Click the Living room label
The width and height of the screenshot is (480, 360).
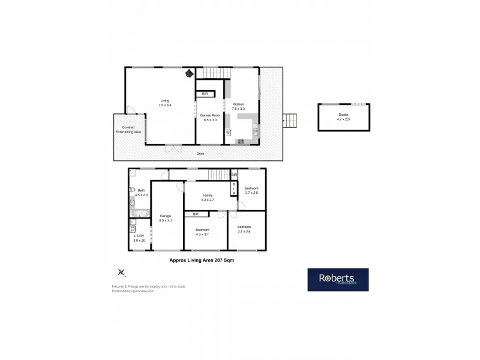coord(164,100)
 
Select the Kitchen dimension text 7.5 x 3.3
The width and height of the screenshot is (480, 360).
coord(239,109)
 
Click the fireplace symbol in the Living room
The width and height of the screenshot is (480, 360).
coord(189,74)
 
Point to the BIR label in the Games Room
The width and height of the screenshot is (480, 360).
coord(205,94)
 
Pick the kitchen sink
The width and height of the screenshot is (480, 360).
coord(255,130)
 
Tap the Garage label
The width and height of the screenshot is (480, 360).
coord(166,215)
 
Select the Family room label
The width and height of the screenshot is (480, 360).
coord(207,196)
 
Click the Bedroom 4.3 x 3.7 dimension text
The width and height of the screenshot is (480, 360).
coord(202,235)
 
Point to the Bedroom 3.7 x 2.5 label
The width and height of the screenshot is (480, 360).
coord(251,193)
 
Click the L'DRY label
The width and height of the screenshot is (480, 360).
coord(139,236)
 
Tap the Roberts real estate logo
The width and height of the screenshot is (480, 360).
coord(338,280)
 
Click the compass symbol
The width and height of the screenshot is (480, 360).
coord(122,272)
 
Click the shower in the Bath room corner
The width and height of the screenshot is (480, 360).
coord(133,175)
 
